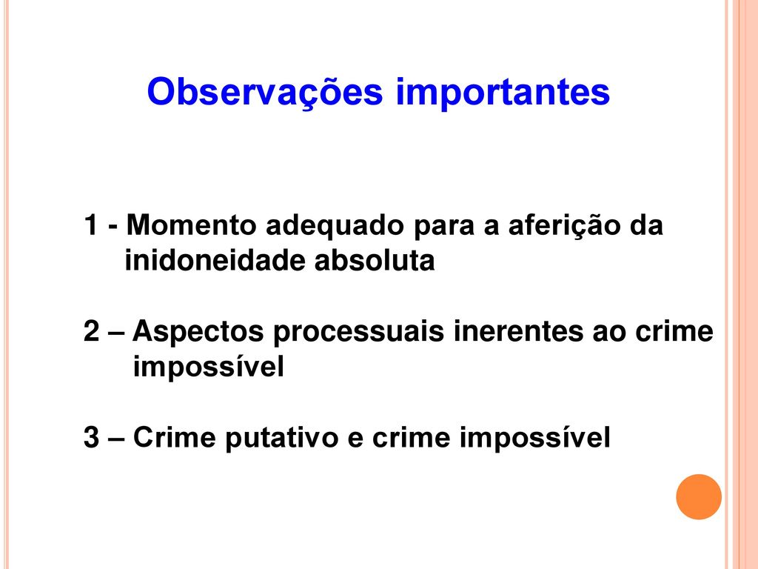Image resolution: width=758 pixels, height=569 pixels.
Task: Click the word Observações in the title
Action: tap(265, 92)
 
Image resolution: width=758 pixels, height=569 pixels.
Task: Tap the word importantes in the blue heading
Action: tap(503, 92)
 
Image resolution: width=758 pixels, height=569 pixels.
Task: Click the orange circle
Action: tap(699, 496)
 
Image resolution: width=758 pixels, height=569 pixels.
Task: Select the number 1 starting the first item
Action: tap(91, 225)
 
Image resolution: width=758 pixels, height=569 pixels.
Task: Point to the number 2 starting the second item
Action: tap(91, 331)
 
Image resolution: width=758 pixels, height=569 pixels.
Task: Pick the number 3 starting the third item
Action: tap(91, 437)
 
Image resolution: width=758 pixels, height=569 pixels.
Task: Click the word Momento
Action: tap(192, 225)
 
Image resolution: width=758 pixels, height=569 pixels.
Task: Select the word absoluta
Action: tap(375, 260)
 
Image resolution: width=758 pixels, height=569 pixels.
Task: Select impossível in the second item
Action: tap(208, 367)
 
